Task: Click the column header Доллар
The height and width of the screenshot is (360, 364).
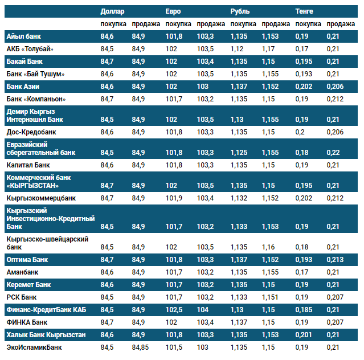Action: [x=112, y=11]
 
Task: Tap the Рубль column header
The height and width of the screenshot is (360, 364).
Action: [x=240, y=11]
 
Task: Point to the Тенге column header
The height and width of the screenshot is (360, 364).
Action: [x=305, y=11]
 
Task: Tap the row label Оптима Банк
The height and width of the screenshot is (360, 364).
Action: [x=27, y=260]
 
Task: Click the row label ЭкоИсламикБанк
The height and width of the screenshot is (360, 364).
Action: [x=34, y=347]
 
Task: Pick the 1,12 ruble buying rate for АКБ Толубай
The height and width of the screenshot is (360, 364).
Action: [x=238, y=49]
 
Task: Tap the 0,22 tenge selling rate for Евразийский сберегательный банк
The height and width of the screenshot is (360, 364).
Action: [x=333, y=153]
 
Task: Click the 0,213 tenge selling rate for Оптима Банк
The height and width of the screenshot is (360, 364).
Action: [x=336, y=260]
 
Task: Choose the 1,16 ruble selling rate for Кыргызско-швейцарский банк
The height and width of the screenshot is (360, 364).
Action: [x=268, y=247]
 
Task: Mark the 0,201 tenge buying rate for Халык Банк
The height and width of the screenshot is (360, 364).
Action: [x=305, y=335]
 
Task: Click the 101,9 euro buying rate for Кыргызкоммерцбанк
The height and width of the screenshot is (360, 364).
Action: [x=174, y=198]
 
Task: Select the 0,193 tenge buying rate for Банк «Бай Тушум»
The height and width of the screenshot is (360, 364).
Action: [x=305, y=74]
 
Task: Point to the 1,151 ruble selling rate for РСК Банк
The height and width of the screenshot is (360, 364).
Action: [x=271, y=297]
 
